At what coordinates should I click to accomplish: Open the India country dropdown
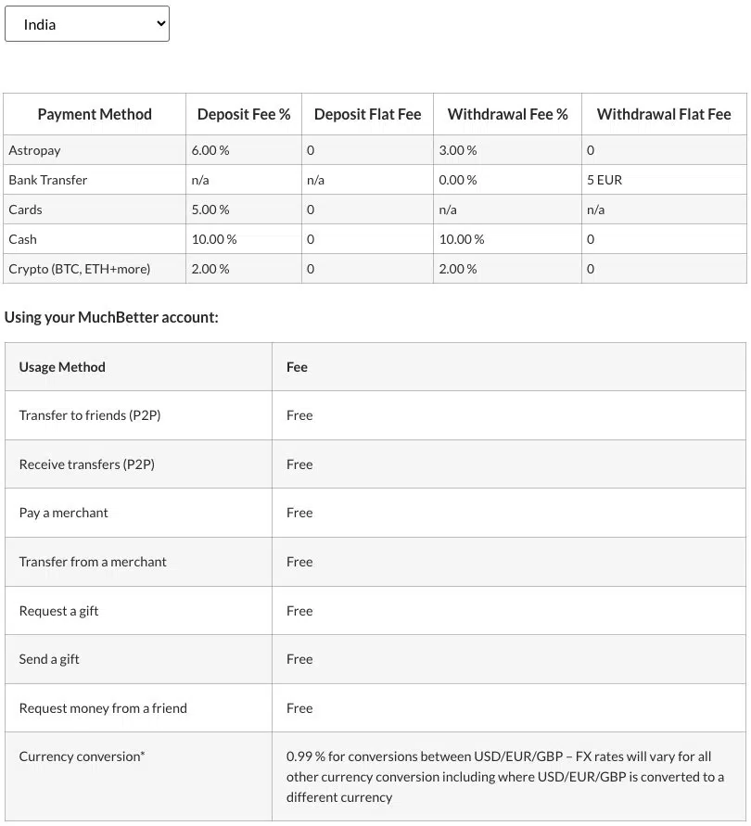(86, 24)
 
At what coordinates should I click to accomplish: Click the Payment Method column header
(95, 114)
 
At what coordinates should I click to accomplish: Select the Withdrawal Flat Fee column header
(664, 114)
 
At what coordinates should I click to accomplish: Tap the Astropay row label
(34, 150)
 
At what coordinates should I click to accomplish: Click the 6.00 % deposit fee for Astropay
(210, 150)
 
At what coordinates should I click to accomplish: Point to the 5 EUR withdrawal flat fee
(605, 180)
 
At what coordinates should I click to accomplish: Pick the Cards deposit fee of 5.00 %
(210, 210)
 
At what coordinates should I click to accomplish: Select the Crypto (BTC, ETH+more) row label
(79, 269)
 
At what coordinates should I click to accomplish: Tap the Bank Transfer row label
(48, 180)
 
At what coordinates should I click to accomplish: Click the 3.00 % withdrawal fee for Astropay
(458, 150)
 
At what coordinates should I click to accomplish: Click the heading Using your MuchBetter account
(111, 317)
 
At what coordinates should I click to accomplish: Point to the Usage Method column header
(62, 367)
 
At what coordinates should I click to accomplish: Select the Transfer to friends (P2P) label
(90, 415)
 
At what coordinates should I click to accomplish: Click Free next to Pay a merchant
(299, 513)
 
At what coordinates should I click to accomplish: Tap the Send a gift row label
(49, 659)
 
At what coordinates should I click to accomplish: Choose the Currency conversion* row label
(82, 756)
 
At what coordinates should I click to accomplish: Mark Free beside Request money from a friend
(299, 708)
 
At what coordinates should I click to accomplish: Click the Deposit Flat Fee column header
(367, 114)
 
